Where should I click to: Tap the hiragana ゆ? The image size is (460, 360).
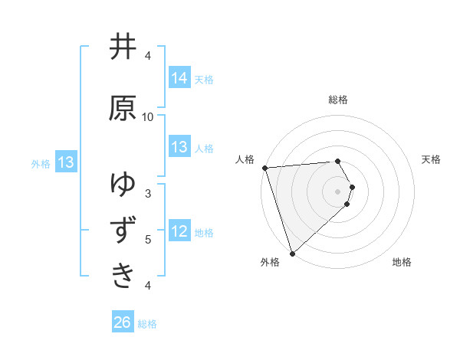(123, 185)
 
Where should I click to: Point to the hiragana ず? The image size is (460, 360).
(123, 229)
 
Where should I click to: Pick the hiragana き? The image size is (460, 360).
(123, 273)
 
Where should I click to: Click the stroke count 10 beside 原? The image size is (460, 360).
(148, 116)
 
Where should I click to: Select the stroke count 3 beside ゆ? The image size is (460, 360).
(148, 193)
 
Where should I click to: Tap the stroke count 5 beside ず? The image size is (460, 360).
(148, 239)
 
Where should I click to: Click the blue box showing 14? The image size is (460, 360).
(179, 77)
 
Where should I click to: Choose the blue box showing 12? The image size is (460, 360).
(179, 231)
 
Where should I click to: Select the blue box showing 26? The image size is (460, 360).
(122, 322)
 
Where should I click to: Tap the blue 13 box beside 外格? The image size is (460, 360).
(65, 162)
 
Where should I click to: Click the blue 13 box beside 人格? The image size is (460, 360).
(179, 147)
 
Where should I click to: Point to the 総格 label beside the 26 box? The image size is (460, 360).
(147, 324)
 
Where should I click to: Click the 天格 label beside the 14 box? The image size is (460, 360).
(204, 79)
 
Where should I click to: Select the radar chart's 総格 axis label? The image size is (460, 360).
(338, 100)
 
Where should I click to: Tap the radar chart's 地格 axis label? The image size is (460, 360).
(402, 262)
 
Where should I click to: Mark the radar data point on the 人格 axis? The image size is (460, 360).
(264, 168)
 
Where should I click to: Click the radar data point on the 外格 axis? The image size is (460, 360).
(291, 253)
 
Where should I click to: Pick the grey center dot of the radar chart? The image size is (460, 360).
(338, 191)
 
